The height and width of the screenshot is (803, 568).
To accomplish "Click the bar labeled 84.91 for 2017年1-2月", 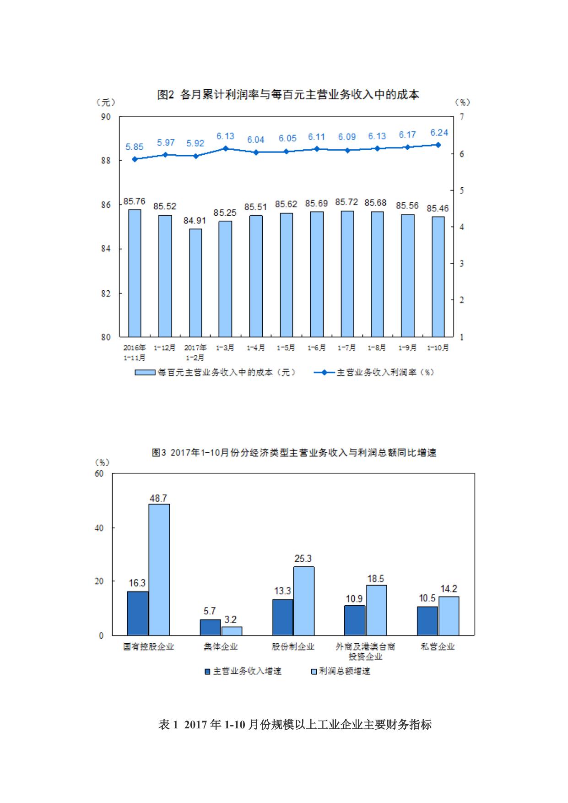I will coord(195,282).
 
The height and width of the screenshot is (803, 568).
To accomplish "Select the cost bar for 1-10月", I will coord(438,277).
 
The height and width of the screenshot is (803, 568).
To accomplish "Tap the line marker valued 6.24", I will coord(438,145).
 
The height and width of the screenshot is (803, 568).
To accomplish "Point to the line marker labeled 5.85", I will coord(135,159).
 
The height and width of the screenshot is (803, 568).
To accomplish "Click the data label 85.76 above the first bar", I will coord(134,201).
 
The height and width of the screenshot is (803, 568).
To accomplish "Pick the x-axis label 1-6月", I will coord(316,348).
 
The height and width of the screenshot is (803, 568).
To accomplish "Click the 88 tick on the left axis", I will coord(106,161).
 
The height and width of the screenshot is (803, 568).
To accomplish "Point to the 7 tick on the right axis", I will coord(462,117).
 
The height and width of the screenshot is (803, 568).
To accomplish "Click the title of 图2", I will coord(288,95).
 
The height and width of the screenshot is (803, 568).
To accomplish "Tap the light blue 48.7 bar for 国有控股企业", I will coord(159,569).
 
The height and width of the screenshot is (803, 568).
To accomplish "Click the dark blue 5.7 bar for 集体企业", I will coord(210,627).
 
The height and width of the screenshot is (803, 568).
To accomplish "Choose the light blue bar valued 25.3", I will coord(303,601).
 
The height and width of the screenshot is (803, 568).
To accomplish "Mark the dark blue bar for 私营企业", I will coord(427,621).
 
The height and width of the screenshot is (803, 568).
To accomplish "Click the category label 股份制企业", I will coord(293,646).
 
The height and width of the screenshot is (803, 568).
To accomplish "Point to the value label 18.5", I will coord(376,579).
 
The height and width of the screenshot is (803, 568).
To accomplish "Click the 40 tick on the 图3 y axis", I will coord(99,528).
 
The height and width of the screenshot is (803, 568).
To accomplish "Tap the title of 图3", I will coord(294,453).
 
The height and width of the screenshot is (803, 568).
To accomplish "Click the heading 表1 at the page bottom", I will coord(295,725).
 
